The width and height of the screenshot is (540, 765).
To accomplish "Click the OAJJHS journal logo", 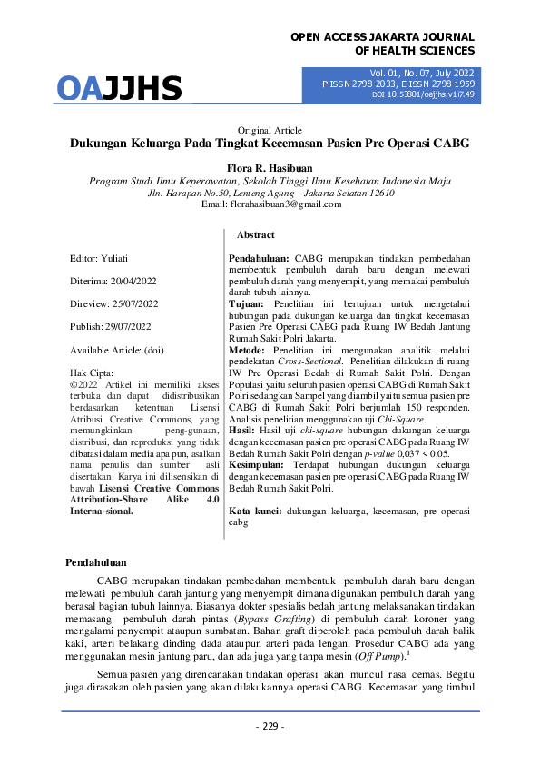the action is pyautogui.click(x=120, y=88).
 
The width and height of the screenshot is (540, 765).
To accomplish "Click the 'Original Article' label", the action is pyautogui.click(x=270, y=131).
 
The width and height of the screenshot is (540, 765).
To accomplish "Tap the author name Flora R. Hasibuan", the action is pyautogui.click(x=270, y=168).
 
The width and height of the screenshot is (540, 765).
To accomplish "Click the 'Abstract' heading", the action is pyautogui.click(x=255, y=235).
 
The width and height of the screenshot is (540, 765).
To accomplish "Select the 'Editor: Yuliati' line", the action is pyautogui.click(x=101, y=258).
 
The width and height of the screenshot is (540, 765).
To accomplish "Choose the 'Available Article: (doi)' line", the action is pyautogui.click(x=117, y=350).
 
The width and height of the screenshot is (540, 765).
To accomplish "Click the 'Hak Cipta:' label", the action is pyautogui.click(x=93, y=373).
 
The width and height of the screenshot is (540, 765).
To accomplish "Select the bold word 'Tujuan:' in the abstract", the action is pyautogui.click(x=246, y=304).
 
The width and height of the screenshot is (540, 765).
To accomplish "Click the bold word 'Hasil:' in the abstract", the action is pyautogui.click(x=241, y=407).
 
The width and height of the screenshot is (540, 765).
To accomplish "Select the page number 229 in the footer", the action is pyautogui.click(x=270, y=726).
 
